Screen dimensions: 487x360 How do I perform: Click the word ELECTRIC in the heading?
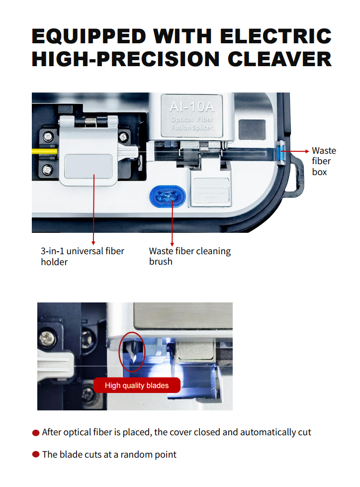tap(275, 36)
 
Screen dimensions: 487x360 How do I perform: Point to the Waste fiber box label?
tap(323, 161)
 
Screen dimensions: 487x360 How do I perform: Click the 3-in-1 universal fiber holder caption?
tap(83, 256)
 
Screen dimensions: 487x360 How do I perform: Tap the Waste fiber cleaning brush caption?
tap(190, 256)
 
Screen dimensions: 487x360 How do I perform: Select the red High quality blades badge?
tap(137, 385)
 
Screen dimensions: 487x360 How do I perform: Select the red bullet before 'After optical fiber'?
tap(36, 433)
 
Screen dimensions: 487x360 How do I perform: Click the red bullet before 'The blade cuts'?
tap(36, 455)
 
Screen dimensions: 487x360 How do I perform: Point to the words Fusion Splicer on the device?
tap(192, 128)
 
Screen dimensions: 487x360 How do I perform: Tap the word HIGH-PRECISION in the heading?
tap(125, 59)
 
